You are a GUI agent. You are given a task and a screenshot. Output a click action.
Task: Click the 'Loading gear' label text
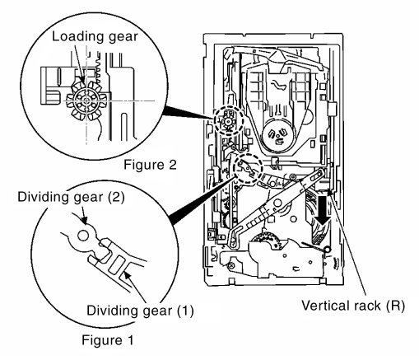[x=95, y=37]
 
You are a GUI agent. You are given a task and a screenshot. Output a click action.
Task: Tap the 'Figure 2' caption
[x=150, y=165]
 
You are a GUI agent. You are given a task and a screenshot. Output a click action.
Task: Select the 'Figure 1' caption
[x=108, y=340]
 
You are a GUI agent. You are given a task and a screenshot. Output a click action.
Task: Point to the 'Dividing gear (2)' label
[x=71, y=197]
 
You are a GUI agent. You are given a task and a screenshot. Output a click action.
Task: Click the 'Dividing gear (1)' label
[x=140, y=311]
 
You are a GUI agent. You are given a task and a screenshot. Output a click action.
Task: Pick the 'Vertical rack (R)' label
[x=353, y=306]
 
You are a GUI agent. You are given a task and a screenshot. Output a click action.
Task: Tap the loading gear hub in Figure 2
[x=86, y=101]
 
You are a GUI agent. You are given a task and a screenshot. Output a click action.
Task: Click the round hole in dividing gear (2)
[x=83, y=236]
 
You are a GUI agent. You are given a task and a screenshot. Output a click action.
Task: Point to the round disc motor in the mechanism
[x=277, y=136]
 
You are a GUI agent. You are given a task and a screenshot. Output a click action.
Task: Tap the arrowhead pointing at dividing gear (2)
[x=85, y=221]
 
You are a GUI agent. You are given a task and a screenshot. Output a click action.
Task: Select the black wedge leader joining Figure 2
[x=189, y=113]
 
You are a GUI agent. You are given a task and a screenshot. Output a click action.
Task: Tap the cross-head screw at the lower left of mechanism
[x=231, y=266]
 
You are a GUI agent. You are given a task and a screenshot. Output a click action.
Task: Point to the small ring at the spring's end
[x=327, y=250]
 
